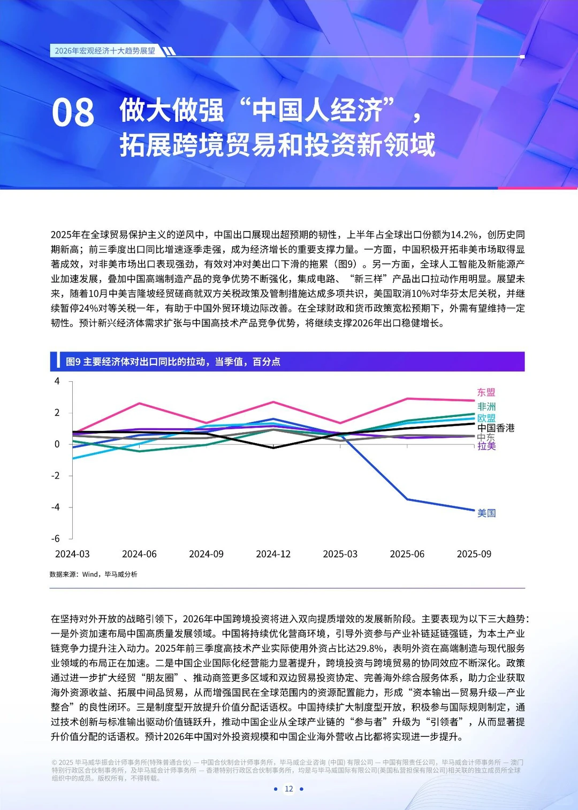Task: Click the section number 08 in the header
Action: (x=73, y=113)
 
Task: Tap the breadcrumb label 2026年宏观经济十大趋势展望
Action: (x=105, y=51)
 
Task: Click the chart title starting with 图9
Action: (x=173, y=362)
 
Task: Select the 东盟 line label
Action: (x=486, y=392)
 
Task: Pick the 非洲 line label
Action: (x=486, y=407)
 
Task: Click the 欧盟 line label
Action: (x=486, y=418)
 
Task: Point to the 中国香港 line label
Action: (x=496, y=428)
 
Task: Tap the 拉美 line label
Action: (x=486, y=446)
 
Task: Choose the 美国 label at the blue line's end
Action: (x=486, y=513)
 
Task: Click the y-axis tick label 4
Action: (x=57, y=382)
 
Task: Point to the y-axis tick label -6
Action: (x=56, y=538)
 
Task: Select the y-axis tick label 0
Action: (x=57, y=444)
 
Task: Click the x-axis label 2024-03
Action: (x=72, y=554)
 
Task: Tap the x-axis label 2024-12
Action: (x=273, y=554)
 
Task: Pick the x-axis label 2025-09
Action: (x=474, y=554)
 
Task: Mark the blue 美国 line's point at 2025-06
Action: (x=407, y=499)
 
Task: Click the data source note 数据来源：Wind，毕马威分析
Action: (x=94, y=574)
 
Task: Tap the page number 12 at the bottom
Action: (x=289, y=789)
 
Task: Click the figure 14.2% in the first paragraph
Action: (x=464, y=235)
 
